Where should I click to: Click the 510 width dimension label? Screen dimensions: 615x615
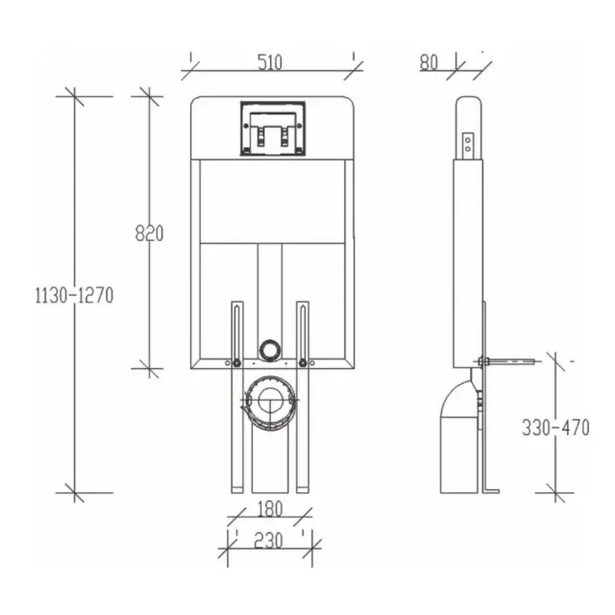click(270, 62)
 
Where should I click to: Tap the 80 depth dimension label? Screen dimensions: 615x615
click(429, 62)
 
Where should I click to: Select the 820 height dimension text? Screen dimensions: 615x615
click(149, 234)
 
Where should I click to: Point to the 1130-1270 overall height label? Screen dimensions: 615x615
click(74, 295)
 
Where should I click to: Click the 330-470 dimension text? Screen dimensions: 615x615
click(555, 428)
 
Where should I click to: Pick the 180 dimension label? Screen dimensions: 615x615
click(270, 509)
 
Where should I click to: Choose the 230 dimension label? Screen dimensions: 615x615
click(268, 541)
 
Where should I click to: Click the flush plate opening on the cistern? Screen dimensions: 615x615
click(273, 128)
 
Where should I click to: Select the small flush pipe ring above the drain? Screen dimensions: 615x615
click(269, 349)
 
